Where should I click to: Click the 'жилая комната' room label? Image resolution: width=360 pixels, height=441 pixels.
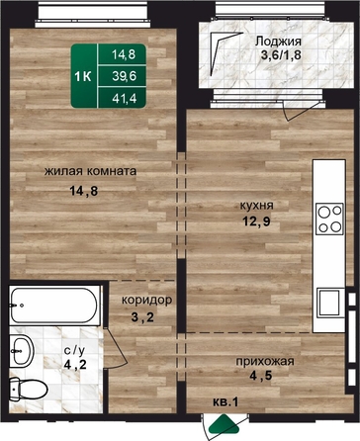tap(90, 171)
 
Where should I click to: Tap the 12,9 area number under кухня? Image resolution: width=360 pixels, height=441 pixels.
tap(256, 221)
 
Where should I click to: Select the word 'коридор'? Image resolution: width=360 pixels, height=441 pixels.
tap(146, 301)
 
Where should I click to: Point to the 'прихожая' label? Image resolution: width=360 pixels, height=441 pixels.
tap(265, 361)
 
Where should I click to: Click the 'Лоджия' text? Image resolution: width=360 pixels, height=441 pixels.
tap(278, 42)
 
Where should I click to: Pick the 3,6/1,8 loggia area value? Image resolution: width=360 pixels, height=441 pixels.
tap(281, 55)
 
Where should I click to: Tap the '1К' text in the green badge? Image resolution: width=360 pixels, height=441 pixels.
tap(83, 77)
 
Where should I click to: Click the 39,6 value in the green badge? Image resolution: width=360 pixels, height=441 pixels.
tap(124, 76)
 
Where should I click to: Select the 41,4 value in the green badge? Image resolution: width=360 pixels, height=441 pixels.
tap(124, 98)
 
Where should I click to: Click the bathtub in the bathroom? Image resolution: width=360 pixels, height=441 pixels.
tap(54, 306)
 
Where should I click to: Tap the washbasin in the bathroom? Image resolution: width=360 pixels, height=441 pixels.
tap(21, 351)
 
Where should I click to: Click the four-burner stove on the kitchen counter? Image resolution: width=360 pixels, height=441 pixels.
tap(329, 219)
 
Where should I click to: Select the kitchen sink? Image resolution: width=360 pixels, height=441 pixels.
tap(328, 303)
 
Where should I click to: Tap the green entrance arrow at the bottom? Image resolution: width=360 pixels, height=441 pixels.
tap(225, 424)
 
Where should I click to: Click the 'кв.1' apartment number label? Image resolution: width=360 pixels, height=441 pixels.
tap(225, 402)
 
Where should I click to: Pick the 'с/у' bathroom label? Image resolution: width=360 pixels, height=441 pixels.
tap(74, 351)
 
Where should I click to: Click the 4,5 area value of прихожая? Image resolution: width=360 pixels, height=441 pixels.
tap(261, 376)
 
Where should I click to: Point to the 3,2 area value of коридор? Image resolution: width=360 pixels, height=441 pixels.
tap(142, 317)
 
